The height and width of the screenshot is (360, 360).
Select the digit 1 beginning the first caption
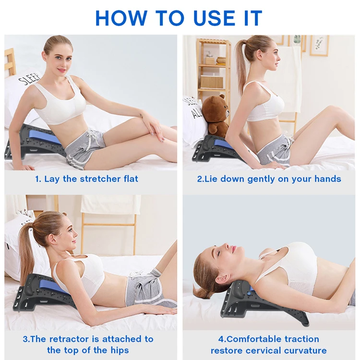(x=37, y=179)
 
